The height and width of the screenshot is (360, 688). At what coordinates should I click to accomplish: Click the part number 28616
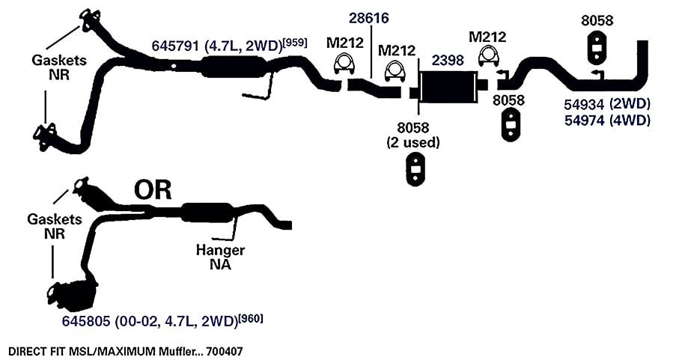coord(368,18)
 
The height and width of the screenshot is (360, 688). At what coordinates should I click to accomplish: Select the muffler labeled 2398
coord(448,87)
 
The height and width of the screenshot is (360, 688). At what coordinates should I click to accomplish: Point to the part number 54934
coord(582,104)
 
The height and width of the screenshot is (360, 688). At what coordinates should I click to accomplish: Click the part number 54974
coord(582,120)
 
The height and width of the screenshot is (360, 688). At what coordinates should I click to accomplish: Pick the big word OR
coord(153,189)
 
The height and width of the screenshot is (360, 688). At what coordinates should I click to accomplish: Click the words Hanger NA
coord(220,257)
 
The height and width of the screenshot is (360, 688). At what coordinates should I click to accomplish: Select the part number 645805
coord(86,321)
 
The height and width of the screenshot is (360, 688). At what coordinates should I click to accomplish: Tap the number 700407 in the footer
coord(224,351)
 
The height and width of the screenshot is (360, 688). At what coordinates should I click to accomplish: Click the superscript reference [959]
coord(296,43)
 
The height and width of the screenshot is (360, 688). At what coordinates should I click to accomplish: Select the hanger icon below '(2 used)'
coord(414,169)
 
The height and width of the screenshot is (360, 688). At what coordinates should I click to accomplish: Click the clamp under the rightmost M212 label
coord(487,57)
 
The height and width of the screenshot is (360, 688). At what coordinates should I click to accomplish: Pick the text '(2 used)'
coord(413,142)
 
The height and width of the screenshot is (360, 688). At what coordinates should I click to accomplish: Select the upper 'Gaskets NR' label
coord(59,67)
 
